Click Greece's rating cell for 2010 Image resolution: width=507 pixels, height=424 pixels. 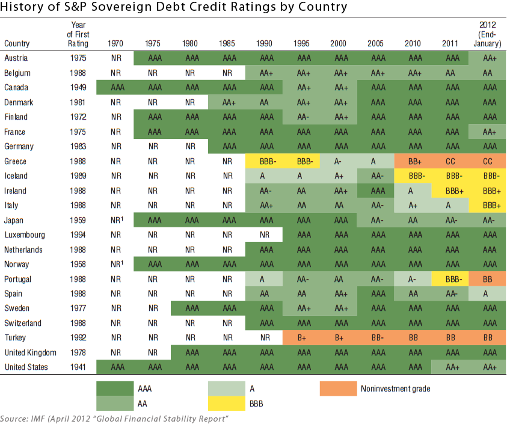pos(413,161)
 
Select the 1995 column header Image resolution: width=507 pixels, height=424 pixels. pos(302,43)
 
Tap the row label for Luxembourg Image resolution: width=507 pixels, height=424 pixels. pos(28,235)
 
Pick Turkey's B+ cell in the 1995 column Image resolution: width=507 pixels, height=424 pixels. pos(302,338)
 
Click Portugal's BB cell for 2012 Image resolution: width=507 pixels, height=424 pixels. pos(487,279)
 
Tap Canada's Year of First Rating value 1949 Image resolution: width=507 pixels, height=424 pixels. pos(78,87)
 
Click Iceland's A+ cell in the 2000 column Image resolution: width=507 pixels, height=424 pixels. pos(339,176)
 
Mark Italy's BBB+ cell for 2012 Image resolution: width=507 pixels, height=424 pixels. pos(487,205)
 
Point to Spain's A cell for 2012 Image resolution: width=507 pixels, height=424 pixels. pos(487,293)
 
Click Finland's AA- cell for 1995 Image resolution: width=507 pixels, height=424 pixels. pos(302,117)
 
